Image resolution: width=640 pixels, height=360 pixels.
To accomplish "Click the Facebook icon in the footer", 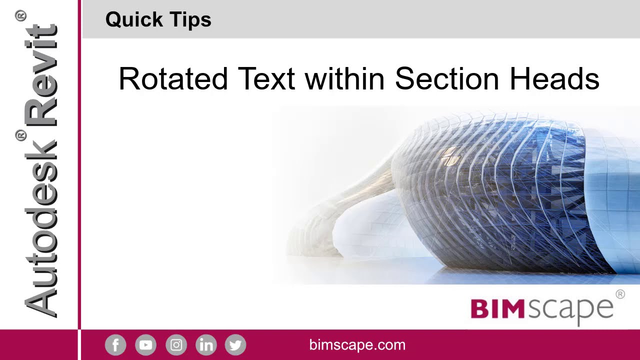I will (115, 345).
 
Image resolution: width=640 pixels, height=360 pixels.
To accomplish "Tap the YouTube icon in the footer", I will (145, 345).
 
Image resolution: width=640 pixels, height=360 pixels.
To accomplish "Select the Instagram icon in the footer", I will (176, 345).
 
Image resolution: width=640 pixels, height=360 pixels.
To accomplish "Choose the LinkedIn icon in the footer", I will (206, 345).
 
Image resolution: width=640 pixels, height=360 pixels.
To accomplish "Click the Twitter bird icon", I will (235, 345).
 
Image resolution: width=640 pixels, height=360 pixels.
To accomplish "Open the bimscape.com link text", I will (357, 345).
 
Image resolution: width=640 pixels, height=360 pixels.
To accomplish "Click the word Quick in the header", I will (134, 20).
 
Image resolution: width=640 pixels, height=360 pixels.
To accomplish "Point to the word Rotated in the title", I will (173, 79).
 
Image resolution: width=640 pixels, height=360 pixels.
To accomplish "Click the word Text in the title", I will (266, 79).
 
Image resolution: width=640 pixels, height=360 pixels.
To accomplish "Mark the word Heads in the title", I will (554, 79).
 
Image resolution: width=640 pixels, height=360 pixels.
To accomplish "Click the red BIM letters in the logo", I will (497, 309).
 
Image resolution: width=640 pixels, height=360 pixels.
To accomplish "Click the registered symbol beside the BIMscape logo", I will (620, 294).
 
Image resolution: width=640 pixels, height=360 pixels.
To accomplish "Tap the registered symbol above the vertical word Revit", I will (21, 17).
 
